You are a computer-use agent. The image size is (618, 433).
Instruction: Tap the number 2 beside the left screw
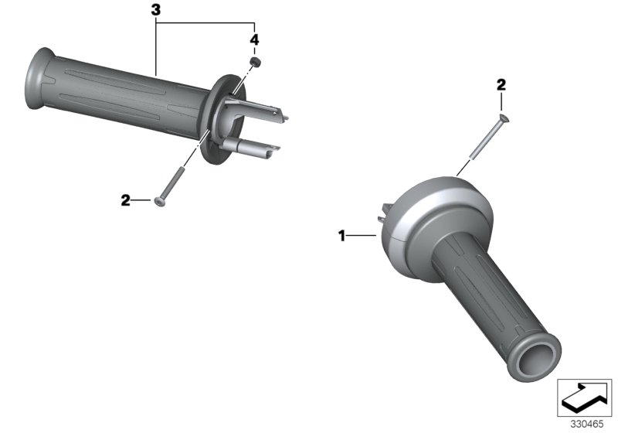click(125, 200)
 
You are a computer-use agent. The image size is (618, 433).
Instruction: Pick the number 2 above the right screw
click(501, 85)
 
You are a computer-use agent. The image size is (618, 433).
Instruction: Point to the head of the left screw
click(159, 201)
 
